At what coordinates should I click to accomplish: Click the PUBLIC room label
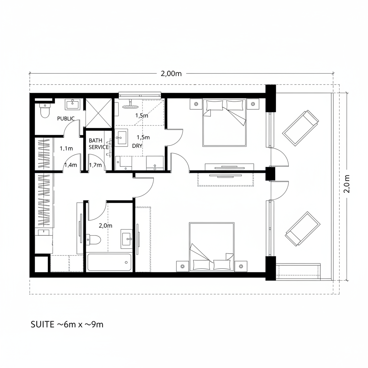[66, 118]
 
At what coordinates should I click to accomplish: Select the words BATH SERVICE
[98, 144]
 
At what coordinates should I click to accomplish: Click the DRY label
[137, 146]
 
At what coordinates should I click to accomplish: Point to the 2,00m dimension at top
[171, 74]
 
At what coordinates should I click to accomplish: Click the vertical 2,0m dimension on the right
[347, 184]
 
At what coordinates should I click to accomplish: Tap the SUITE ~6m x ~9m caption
[67, 325]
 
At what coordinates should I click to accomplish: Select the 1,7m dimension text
[96, 165]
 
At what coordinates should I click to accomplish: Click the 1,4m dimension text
[70, 165]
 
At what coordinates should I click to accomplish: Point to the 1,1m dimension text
[66, 148]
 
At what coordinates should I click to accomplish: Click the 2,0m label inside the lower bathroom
[105, 226]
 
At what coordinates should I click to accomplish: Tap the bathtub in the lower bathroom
[110, 263]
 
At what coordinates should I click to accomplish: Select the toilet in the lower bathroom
[94, 240]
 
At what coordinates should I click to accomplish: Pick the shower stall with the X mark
[98, 113]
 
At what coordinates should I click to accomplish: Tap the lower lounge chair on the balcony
[303, 229]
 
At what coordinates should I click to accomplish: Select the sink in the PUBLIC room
[73, 105]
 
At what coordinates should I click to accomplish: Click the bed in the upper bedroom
[225, 123]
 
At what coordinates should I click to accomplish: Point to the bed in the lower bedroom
[212, 247]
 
